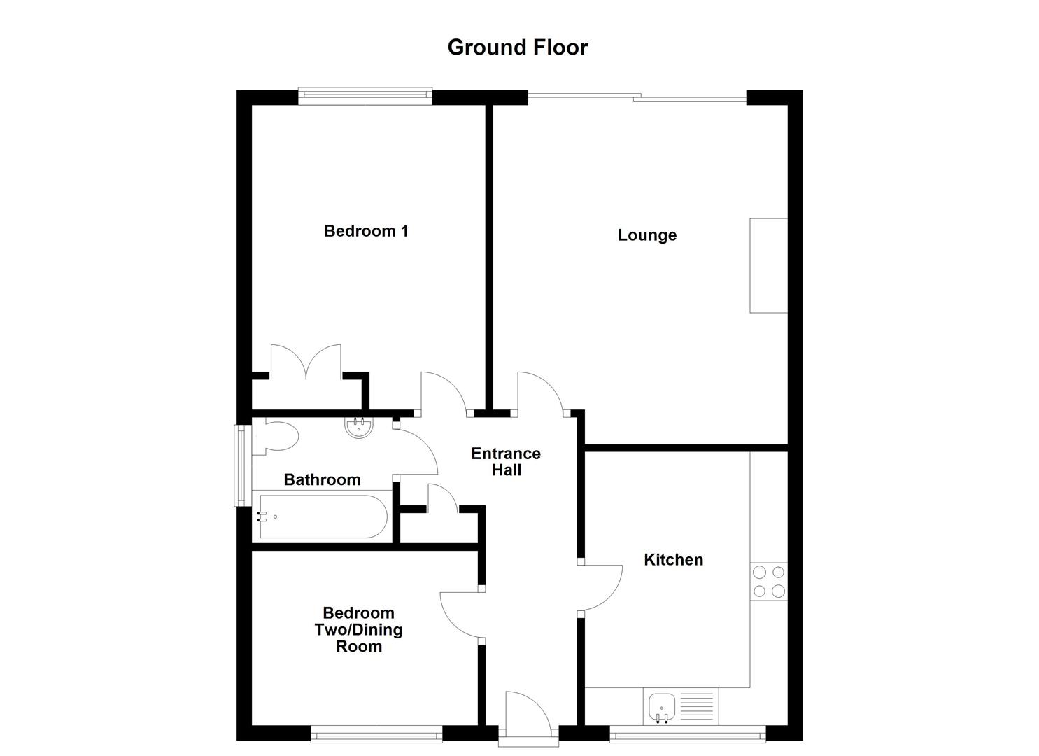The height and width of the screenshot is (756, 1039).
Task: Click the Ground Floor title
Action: coord(517,48)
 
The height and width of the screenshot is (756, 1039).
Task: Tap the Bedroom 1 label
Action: coord(366,231)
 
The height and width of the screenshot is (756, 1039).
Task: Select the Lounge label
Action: coord(646,235)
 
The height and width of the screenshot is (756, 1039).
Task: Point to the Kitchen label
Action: coord(673,560)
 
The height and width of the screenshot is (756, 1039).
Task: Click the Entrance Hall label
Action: coord(506,462)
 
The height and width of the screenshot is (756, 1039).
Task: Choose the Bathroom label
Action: coord(322,480)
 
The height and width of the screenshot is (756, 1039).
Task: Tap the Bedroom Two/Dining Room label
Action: coord(358,630)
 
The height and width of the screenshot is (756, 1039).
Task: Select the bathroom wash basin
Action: coord(360,427)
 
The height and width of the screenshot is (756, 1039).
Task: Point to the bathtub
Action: coord(323,517)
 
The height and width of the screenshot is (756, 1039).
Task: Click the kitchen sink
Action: coord(661,706)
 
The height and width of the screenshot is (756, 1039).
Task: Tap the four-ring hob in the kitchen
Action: coord(768,582)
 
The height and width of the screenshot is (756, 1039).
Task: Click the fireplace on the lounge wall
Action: coord(768,265)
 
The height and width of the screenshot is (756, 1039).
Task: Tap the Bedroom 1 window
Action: coord(365,96)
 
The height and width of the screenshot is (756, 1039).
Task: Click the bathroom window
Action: coord(241,465)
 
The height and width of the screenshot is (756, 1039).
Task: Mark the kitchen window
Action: coord(687,736)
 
